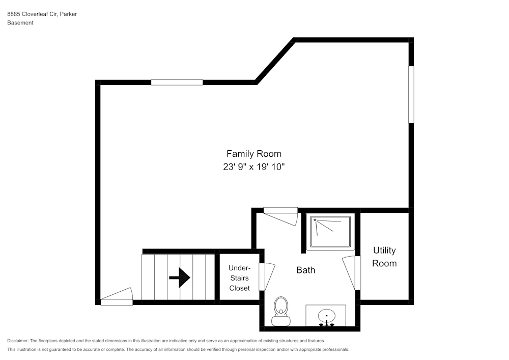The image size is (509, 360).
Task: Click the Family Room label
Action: click(x=253, y=153)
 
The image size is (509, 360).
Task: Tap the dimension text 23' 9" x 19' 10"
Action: click(x=253, y=167)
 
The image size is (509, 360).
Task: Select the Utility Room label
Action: click(x=384, y=257)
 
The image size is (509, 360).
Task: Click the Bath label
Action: click(x=305, y=270)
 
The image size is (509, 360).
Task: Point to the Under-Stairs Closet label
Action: click(x=239, y=278)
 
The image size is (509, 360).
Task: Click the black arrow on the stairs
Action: click(x=179, y=278)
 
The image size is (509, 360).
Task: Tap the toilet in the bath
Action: click(x=280, y=312)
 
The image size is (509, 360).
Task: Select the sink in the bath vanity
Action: click(x=325, y=316)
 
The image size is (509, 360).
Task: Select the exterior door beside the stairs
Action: click(x=117, y=298)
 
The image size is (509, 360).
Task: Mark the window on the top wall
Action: click(x=177, y=82)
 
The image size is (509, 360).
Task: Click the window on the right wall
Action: click(x=411, y=94)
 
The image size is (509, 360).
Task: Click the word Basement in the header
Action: click(x=20, y=23)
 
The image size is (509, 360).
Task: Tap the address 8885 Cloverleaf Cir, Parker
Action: click(x=42, y=14)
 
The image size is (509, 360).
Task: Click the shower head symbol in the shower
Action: click(x=315, y=220)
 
